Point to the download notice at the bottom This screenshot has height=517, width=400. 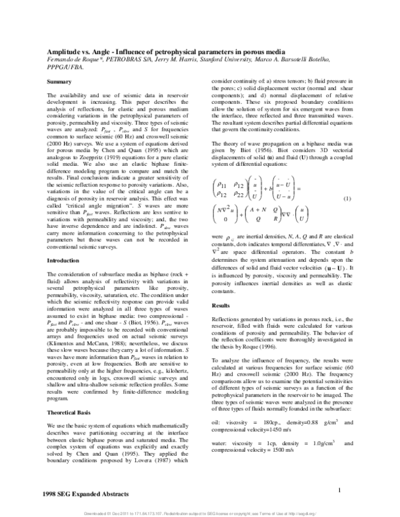200,513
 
